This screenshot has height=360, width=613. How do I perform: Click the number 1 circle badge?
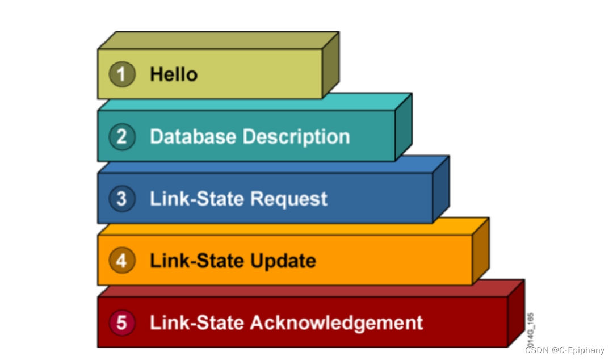coord(122,74)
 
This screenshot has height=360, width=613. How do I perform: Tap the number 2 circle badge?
coord(122,137)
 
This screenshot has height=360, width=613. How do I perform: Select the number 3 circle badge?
coord(122,199)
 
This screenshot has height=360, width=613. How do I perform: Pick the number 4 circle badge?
coord(122,261)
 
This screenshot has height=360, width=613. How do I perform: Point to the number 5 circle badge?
coord(122,323)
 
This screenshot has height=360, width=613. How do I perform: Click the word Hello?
coord(174,74)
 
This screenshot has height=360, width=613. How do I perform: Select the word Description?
coord(296,137)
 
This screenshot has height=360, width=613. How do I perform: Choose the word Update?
coord(283,261)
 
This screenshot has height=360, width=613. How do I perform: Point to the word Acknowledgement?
coord(337,323)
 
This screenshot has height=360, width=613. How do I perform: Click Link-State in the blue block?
coord(197,199)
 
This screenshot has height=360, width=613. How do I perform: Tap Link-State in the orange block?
coord(197,261)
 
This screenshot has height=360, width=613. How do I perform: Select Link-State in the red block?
coord(197,323)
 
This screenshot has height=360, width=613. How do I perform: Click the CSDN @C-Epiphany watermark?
coord(564,350)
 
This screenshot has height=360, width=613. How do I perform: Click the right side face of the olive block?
coord(330,65)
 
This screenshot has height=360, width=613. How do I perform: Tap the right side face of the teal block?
coord(403,128)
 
